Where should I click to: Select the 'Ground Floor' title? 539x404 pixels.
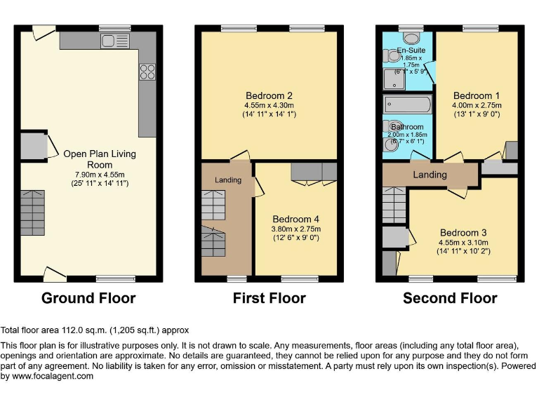click(x=88, y=298)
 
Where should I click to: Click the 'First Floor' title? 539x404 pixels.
click(x=269, y=298)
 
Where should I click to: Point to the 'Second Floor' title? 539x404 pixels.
click(x=450, y=298)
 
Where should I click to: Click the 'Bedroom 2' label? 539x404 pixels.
click(x=269, y=96)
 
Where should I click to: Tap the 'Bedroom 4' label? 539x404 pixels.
click(x=296, y=218)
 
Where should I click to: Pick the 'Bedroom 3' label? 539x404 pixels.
click(x=463, y=233)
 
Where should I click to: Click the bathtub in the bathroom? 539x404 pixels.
click(x=407, y=106)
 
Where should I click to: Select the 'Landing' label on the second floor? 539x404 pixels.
click(x=430, y=175)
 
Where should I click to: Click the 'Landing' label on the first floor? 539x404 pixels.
click(x=227, y=180)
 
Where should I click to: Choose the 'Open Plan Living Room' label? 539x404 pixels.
click(x=99, y=159)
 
